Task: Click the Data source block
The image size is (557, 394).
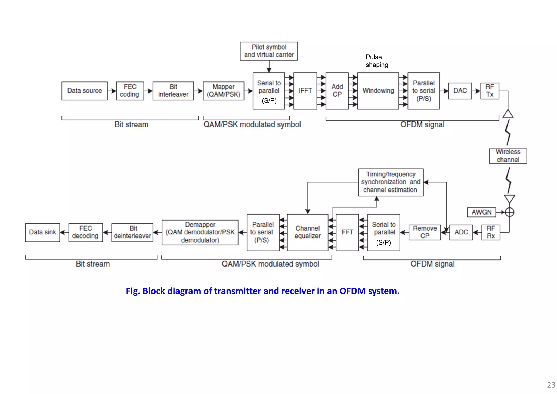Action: coord(84,91)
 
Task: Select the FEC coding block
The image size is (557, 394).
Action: coord(130,91)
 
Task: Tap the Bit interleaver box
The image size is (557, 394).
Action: coord(173,91)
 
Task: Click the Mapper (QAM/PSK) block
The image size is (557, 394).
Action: coord(223,91)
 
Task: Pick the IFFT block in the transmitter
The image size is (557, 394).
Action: coord(305,91)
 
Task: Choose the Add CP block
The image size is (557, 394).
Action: coord(337,91)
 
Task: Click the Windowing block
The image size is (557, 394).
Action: coord(378,91)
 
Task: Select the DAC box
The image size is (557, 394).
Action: coord(460,91)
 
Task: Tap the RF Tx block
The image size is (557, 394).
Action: coord(490,91)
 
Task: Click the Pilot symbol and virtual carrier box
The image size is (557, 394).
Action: coord(269,51)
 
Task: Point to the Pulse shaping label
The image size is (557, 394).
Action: coord(376,61)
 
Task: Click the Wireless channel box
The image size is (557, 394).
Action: coord(508,156)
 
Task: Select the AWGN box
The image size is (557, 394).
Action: coord(481,212)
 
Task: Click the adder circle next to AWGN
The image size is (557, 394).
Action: coord(509,212)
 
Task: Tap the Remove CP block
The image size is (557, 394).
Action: coord(424,232)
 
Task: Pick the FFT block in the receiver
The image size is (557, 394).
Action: coord(347,232)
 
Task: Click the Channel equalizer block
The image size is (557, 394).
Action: coord(307,232)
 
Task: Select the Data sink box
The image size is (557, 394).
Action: coord(42,232)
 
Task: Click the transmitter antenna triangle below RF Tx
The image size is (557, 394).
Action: coord(508,114)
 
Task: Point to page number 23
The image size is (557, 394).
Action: coord(551,385)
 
